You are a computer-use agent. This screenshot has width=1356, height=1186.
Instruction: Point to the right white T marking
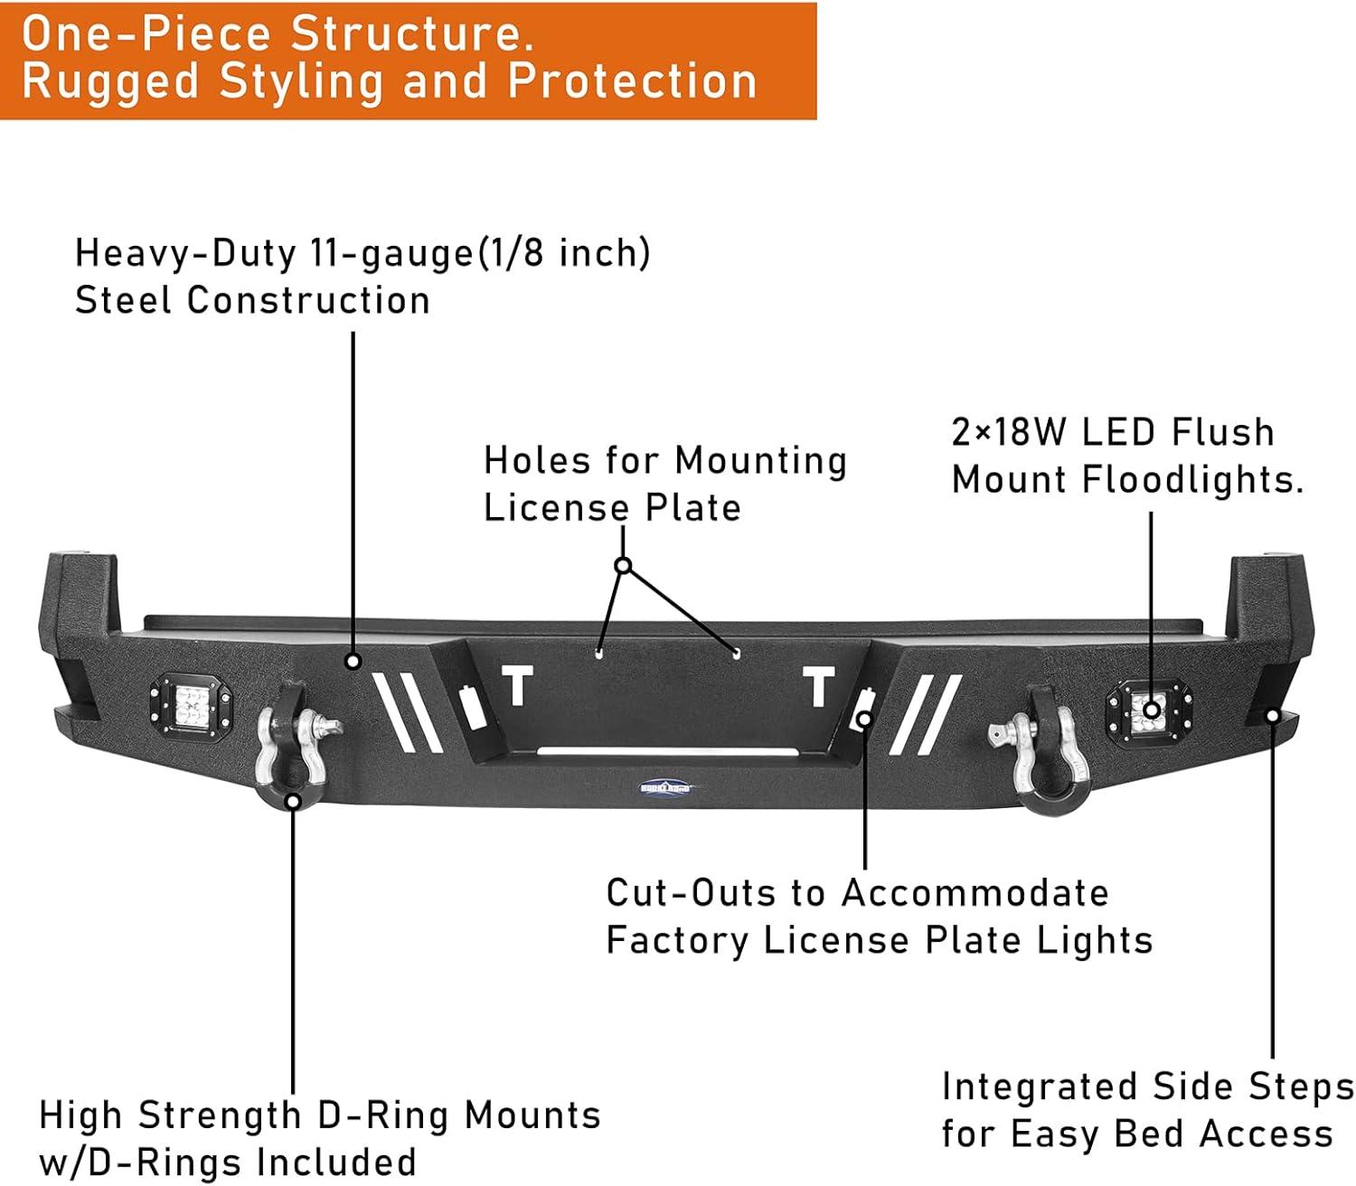[x=819, y=687]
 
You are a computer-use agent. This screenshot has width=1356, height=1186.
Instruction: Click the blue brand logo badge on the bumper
[x=664, y=787]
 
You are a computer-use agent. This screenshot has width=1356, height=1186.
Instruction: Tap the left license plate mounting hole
[x=598, y=652]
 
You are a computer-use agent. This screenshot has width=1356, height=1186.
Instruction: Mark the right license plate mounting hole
[x=736, y=653]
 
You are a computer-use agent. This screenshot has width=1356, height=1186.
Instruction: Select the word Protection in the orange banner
[x=632, y=81]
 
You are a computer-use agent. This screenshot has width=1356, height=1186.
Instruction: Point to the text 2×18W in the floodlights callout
[x=1009, y=432]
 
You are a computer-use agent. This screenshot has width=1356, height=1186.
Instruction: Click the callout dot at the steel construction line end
[x=353, y=662]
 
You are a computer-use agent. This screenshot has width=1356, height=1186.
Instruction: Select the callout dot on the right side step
[x=1272, y=716]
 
